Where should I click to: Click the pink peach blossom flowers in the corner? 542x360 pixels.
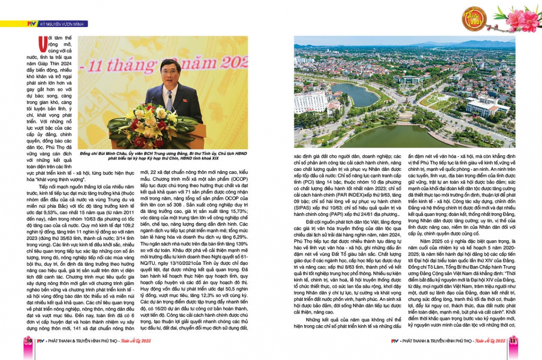[519, 18]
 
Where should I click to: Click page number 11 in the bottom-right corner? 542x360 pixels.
[512, 341]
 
